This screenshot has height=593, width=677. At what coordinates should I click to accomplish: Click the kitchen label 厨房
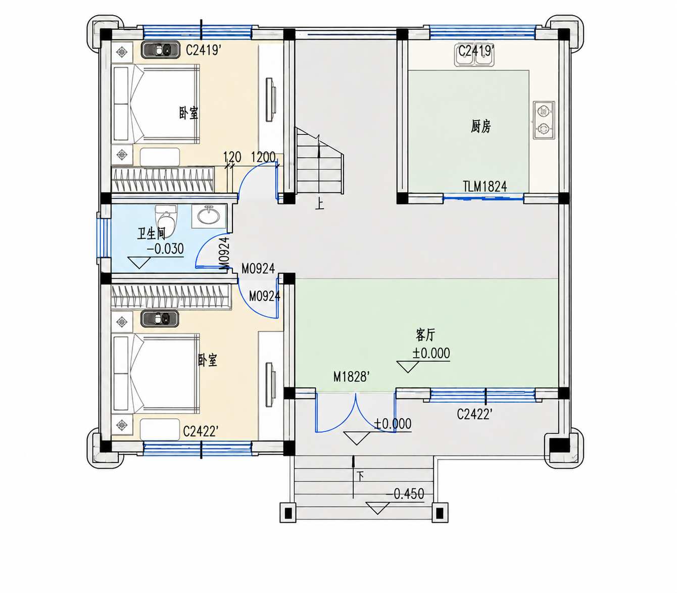click(480, 127)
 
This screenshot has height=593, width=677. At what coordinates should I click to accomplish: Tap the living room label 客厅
click(425, 335)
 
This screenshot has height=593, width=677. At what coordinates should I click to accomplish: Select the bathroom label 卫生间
click(152, 233)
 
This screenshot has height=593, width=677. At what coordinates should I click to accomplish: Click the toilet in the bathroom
click(166, 221)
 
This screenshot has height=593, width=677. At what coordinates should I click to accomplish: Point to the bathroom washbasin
click(209, 217)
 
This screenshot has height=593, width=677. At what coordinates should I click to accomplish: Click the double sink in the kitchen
click(474, 55)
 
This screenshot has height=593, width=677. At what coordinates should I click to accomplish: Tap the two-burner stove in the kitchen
click(544, 120)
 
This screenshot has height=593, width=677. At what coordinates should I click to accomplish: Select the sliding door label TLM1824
click(485, 186)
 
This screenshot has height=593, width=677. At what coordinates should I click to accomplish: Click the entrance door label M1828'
click(351, 377)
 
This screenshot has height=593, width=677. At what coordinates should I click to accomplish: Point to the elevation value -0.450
click(405, 493)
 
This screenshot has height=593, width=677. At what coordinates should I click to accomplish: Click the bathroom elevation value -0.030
click(165, 249)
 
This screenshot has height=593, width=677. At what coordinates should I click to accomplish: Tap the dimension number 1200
click(263, 157)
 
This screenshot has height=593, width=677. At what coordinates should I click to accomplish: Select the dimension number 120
click(232, 157)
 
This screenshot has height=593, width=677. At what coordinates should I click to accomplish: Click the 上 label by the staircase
click(319, 204)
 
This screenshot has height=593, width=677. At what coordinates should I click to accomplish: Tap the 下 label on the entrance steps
click(360, 476)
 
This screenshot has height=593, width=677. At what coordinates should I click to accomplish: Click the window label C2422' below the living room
click(474, 415)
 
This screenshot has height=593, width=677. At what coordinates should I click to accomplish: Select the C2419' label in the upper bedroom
click(204, 51)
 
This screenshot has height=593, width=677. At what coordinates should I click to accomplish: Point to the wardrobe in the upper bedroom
click(162, 179)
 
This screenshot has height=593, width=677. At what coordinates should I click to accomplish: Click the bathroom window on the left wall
click(104, 237)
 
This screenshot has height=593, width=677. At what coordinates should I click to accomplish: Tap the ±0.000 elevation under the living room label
click(431, 353)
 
